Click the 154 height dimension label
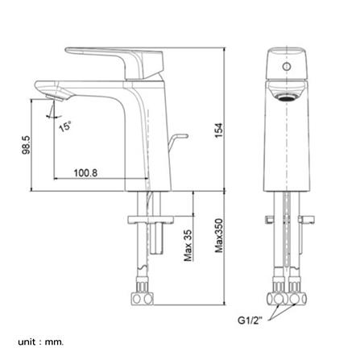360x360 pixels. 219,130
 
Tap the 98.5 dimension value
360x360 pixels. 26,145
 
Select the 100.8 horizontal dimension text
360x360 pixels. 85,173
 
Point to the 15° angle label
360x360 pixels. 65,126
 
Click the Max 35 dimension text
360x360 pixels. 188,246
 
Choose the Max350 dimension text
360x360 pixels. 219,236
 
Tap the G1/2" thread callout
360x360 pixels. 250,321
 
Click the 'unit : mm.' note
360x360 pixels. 41,342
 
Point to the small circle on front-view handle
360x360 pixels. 287,66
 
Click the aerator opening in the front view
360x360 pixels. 287,97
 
